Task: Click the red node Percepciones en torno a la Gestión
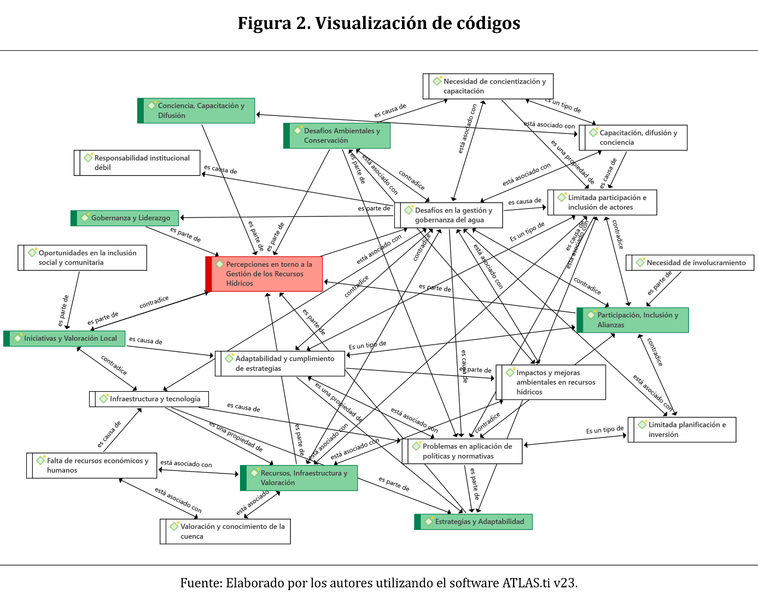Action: pos(265,274)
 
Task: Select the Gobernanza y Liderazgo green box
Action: pos(125,218)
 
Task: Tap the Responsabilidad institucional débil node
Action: pos(137,163)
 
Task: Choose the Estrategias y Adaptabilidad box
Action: pos(474,522)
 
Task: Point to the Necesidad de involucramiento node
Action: pos(690,263)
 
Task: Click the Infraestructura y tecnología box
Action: pos(149,399)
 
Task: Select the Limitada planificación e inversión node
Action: pos(682,429)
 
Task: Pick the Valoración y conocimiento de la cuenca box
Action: pos(225,531)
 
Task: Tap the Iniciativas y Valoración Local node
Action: pos(65,339)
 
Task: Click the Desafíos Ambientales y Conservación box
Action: pos(337,135)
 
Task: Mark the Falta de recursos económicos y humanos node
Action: pos(92,465)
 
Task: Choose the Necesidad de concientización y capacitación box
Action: pos(488,86)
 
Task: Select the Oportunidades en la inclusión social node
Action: pos(83,258)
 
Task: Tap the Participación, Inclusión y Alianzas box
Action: pos(633,320)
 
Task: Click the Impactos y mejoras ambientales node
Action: pos(551,382)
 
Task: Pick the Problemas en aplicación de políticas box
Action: pos(463,451)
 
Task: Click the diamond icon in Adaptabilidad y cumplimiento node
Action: pos(229,359)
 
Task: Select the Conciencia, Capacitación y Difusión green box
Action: pos(196,110)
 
